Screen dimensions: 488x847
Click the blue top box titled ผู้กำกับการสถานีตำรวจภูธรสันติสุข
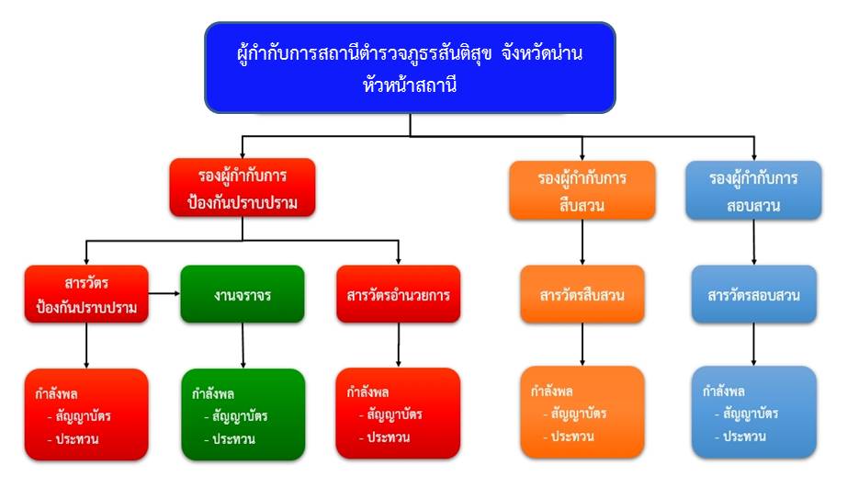point(409,68)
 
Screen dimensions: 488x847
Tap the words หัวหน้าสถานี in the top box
point(409,87)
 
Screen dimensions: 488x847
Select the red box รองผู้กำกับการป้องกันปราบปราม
point(243,187)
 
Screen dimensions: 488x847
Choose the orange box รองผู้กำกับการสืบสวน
point(582,190)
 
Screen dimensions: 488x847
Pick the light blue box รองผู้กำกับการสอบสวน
point(753,190)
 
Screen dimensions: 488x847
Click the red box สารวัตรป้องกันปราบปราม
point(86,293)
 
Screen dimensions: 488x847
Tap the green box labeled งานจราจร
point(243,293)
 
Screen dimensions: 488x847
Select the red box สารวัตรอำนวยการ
point(398,294)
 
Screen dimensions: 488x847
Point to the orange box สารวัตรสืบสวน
point(582,294)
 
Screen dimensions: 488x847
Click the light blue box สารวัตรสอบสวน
point(753,295)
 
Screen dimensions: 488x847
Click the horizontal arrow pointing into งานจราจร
point(164,293)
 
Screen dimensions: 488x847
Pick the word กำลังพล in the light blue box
point(722,390)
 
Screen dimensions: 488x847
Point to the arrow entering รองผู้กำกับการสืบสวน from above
point(582,147)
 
